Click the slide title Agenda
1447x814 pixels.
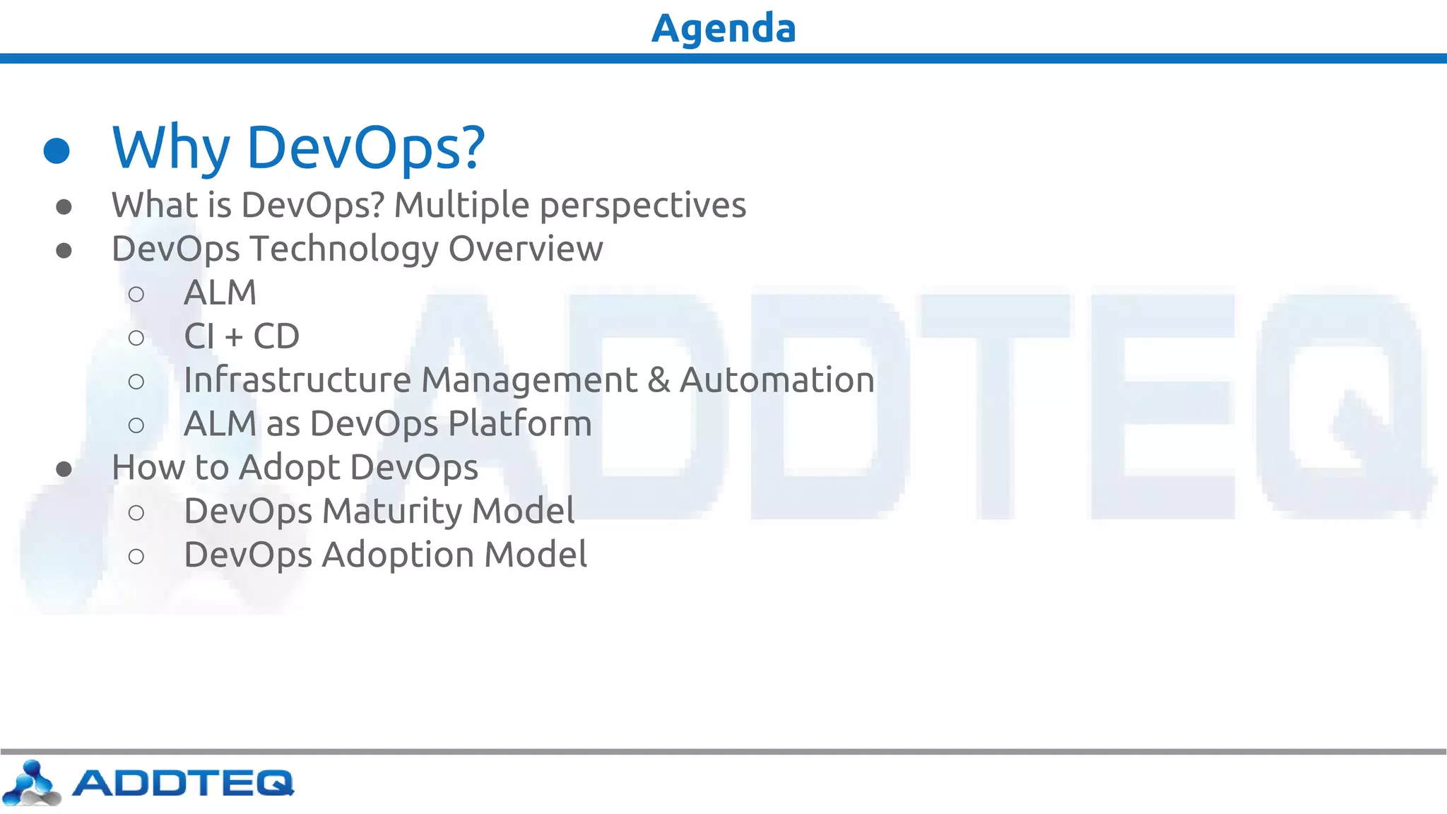[723, 28]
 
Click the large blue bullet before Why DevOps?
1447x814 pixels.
[57, 151]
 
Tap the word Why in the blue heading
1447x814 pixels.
[170, 148]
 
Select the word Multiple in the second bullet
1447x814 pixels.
[461, 206]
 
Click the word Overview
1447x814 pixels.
[526, 249]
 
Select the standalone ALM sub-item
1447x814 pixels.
[220, 293]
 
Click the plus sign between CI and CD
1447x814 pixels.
[234, 338]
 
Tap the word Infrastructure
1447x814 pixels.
[297, 380]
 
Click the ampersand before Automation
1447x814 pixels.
[658, 380]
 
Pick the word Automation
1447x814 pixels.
[776, 380]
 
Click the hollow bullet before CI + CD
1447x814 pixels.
[136, 338]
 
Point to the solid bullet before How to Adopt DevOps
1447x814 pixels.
[64, 469]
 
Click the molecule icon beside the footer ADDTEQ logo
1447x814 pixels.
[31, 783]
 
